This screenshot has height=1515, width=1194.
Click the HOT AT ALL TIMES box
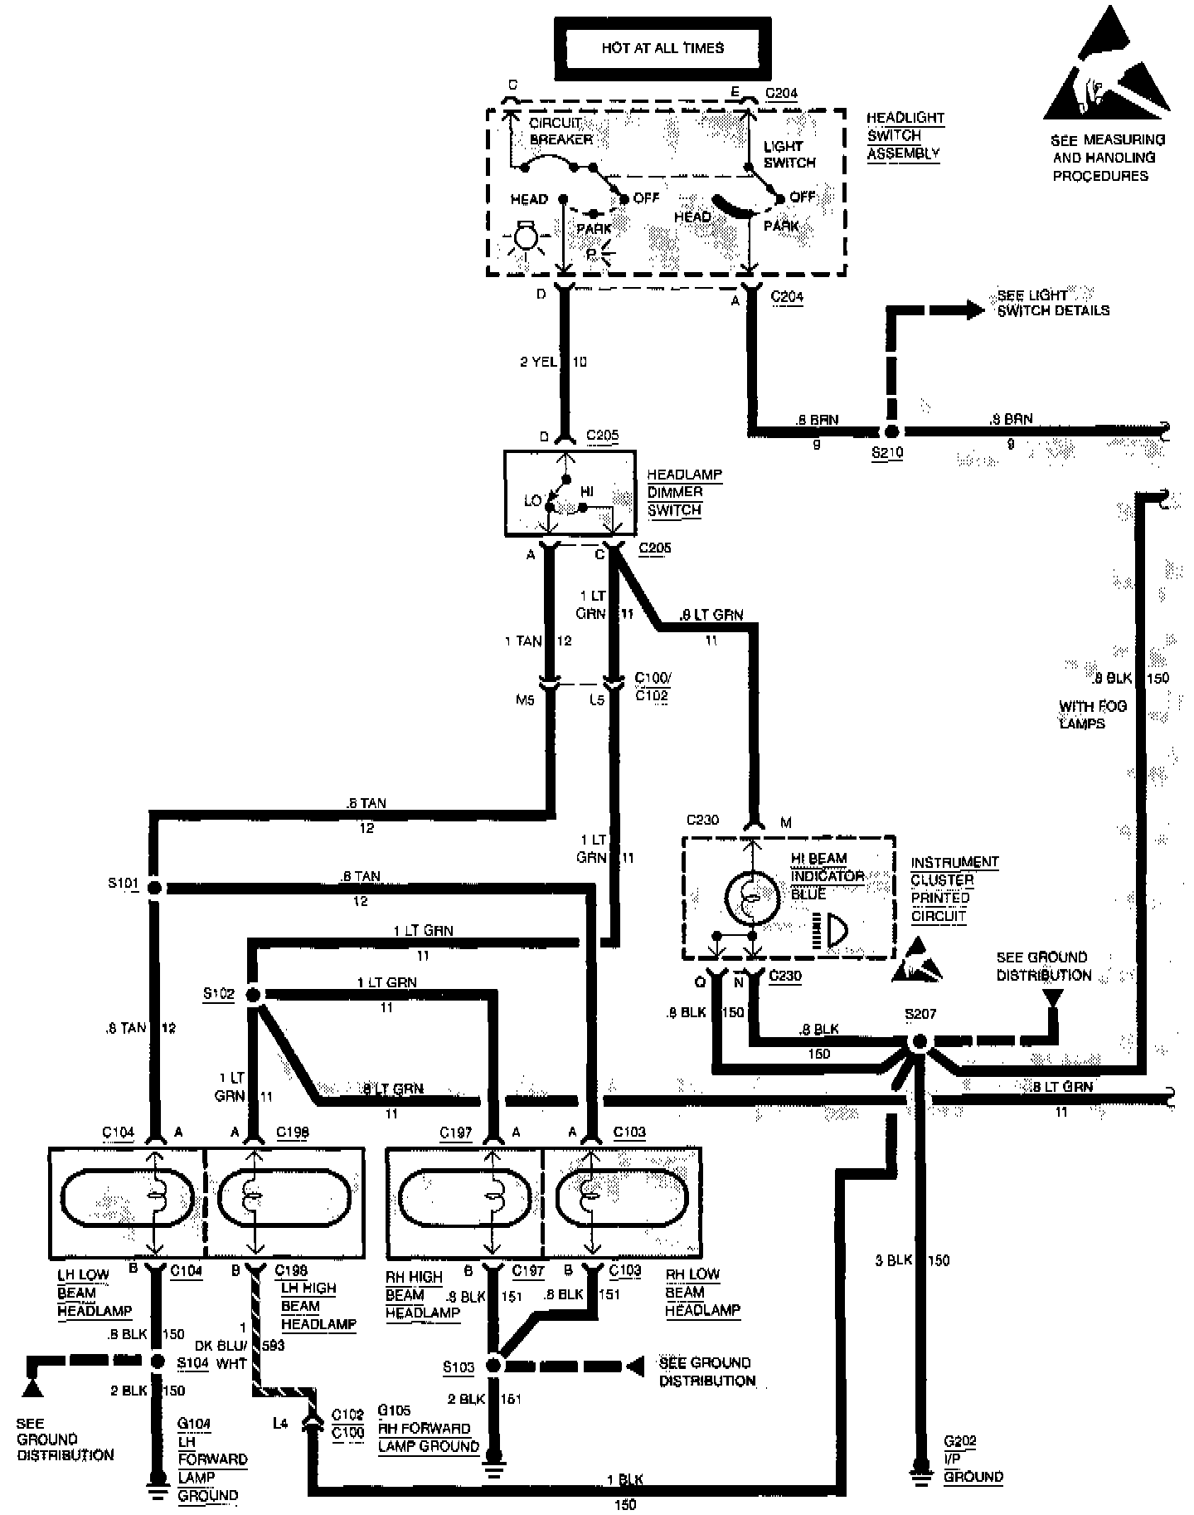[663, 47]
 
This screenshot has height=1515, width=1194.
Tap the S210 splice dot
[891, 431]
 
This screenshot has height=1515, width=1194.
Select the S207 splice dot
[919, 1042]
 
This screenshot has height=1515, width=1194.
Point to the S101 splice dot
[154, 888]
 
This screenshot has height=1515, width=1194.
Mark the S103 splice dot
[493, 1365]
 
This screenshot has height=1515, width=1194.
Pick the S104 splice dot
[157, 1361]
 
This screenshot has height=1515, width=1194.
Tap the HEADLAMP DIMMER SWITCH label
[684, 492]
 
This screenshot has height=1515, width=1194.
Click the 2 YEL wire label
[536, 362]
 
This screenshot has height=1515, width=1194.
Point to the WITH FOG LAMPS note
[1092, 714]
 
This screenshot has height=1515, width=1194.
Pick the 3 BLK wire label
[892, 1259]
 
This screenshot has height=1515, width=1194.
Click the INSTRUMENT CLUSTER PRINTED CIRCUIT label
[954, 889]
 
